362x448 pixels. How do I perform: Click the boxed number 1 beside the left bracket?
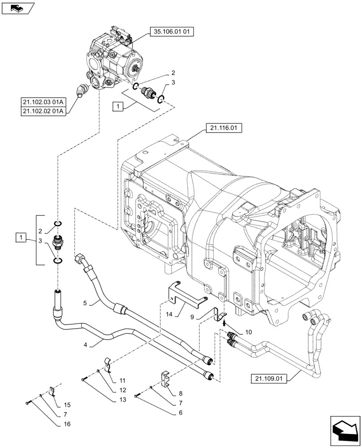coord(20,237)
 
